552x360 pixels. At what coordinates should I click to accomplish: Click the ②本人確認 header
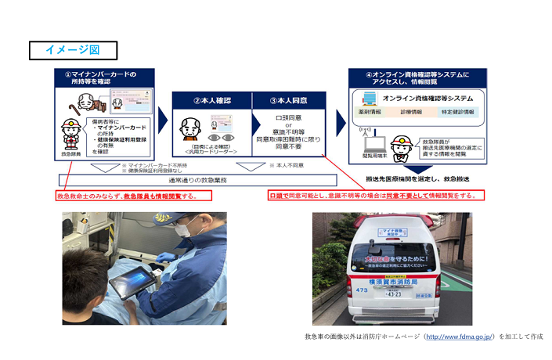coord(211,100)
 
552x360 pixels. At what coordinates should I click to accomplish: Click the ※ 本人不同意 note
coord(286,166)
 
